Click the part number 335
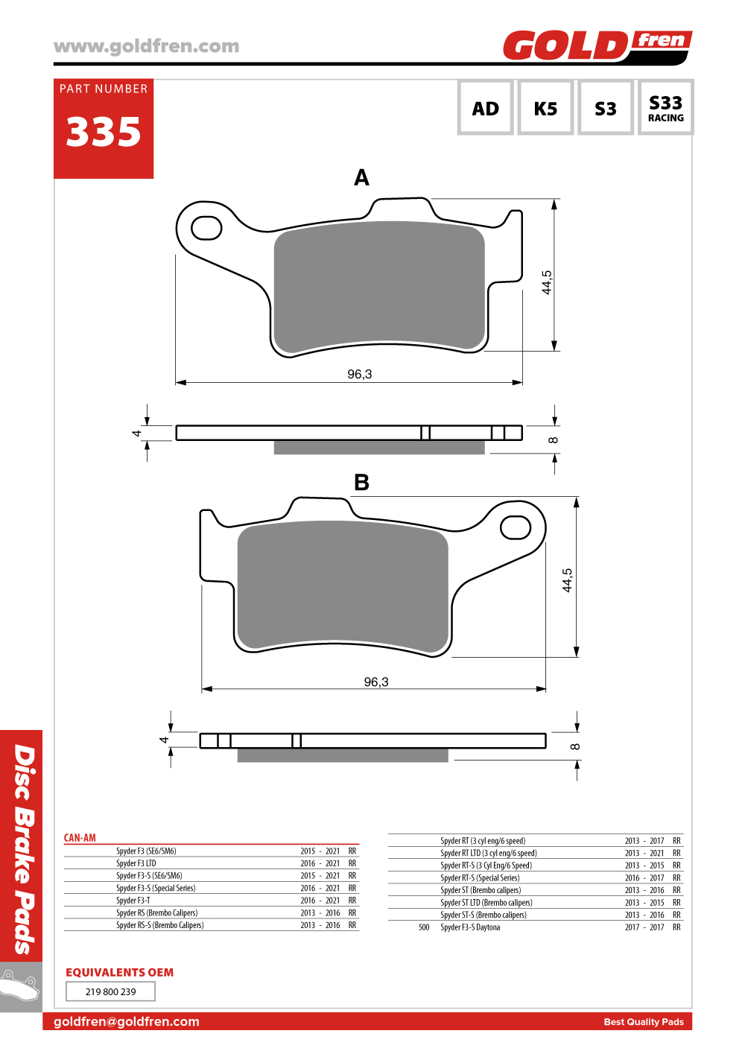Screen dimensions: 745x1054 tap(103, 132)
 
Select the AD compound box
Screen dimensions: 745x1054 tap(485, 108)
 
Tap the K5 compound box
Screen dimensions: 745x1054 tap(545, 108)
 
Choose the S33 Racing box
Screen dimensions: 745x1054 tap(666, 108)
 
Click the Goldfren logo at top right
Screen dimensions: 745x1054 tap(597, 45)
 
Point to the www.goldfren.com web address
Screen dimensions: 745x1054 tap(146, 46)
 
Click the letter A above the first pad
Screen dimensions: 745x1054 tap(361, 178)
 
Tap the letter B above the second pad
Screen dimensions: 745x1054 tap(361, 482)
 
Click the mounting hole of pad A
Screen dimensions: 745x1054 tap(206, 228)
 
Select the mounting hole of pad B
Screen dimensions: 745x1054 tap(516, 527)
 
